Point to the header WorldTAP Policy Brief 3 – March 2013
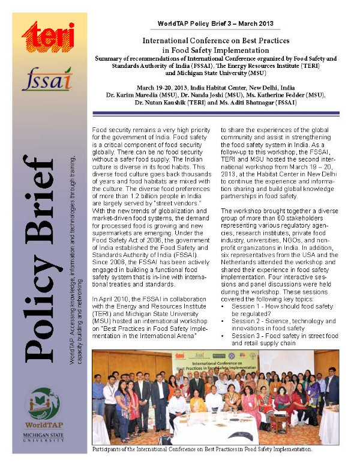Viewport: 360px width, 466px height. click(215, 24)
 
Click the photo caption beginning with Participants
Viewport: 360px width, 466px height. click(202, 449)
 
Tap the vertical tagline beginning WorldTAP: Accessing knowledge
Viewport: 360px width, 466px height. click(76, 258)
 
